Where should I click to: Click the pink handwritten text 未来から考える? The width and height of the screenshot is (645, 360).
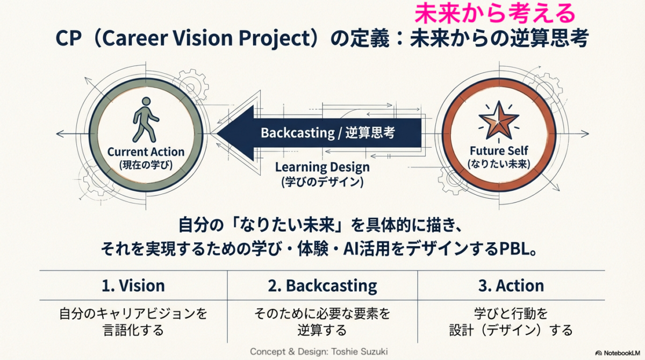coord(494,13)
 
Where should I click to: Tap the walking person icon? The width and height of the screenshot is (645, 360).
coord(146,120)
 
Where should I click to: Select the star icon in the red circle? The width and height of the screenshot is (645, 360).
coord(499,120)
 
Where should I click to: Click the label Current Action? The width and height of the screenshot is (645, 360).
coord(146,152)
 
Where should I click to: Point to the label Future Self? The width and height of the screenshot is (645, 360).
coord(499,150)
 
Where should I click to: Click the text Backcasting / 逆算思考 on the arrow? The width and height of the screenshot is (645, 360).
coord(328,133)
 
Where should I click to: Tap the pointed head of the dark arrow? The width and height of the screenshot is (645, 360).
coord(217,133)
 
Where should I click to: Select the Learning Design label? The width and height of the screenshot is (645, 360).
coord(322,168)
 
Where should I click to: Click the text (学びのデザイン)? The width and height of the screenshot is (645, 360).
coord(322,182)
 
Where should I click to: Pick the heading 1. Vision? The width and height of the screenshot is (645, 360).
coord(133,286)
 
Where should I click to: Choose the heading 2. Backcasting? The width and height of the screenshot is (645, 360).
coord(322,286)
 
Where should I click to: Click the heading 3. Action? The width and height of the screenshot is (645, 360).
coord(511,286)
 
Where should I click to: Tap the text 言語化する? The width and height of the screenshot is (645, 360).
coord(133,330)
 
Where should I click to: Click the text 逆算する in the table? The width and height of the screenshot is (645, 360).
coord(322,330)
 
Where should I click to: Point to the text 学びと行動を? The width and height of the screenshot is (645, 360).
coord(511,313)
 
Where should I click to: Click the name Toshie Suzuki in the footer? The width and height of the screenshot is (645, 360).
coord(360,351)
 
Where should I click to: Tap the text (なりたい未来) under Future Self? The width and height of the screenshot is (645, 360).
coord(499,164)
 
